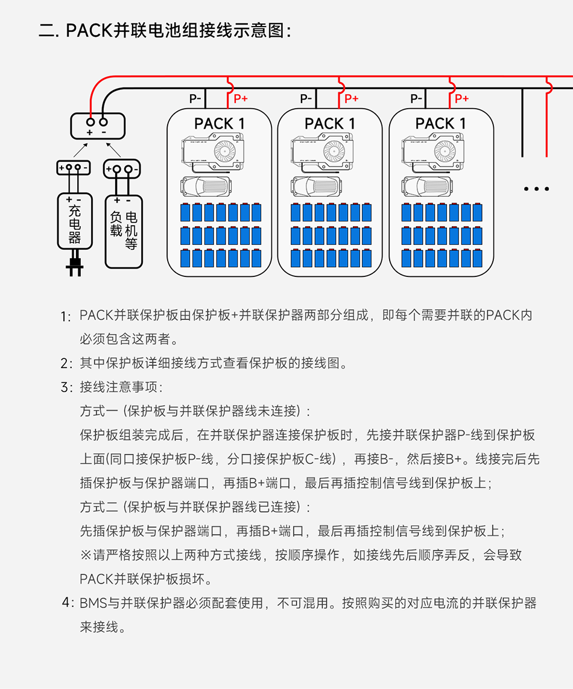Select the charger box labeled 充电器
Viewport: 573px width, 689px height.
(x=74, y=221)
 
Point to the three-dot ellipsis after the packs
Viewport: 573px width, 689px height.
(x=536, y=189)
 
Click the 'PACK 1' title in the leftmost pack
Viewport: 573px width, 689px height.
(x=220, y=124)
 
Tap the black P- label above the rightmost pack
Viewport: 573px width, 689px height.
(x=416, y=98)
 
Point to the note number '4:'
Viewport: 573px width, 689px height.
(x=67, y=603)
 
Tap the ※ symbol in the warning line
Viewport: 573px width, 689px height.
(x=85, y=555)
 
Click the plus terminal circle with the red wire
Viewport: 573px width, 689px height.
(x=90, y=121)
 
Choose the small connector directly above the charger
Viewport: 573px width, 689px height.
(x=74, y=168)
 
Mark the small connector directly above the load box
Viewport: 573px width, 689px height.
(x=122, y=168)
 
